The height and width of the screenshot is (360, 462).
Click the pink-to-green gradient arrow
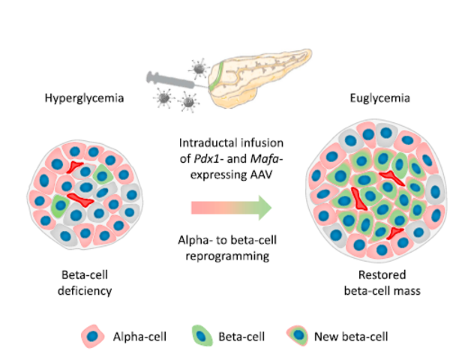pyautogui.click(x=229, y=207)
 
